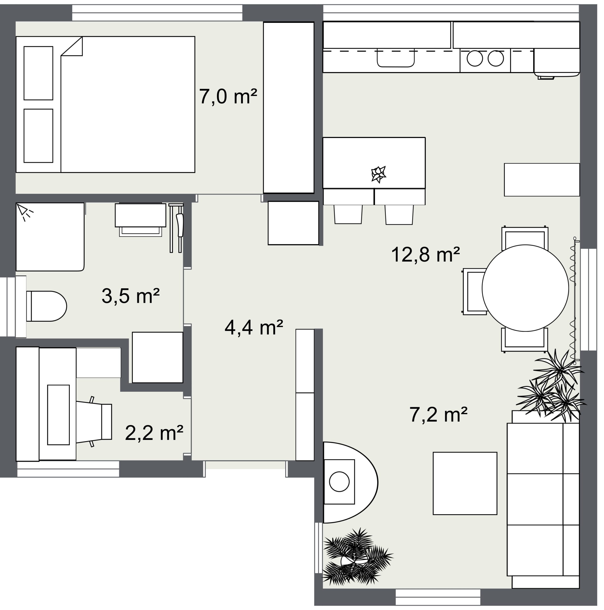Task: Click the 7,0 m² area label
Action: click(228, 96)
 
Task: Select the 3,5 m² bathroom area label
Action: click(130, 296)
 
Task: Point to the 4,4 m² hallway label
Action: click(254, 327)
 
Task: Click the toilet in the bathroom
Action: click(46, 306)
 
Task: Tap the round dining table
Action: click(525, 288)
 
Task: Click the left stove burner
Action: click(474, 58)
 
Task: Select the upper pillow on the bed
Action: click(38, 73)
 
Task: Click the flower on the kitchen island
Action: click(379, 174)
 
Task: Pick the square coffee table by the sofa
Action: click(465, 483)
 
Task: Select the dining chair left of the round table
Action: click(474, 291)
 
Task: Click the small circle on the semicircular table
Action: click(339, 482)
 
